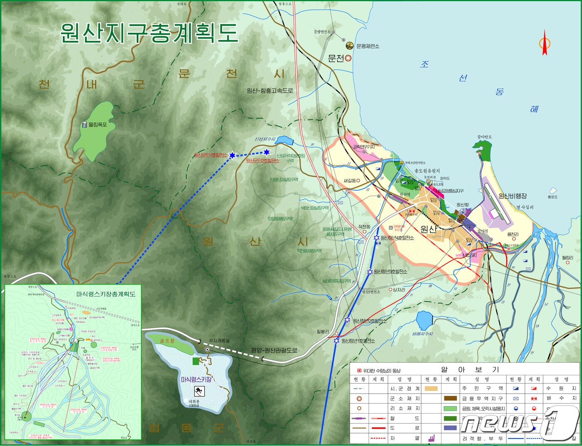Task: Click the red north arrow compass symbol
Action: pos(545,43)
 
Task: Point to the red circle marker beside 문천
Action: pos(348,58)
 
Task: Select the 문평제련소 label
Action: pos(367,46)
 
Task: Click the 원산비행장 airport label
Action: pos(512,196)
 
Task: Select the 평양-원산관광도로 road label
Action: pos(274,350)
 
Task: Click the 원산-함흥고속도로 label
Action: pos(269,91)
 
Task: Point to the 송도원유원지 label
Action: pos(427,171)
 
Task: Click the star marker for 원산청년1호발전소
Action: pos(336,341)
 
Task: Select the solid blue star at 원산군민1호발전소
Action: pos(232,155)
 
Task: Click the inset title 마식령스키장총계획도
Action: pos(106,294)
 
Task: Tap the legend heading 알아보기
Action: pos(470,369)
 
